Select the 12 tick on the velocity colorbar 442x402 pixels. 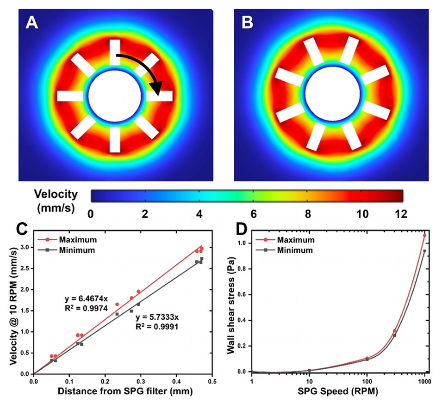coord(402,214)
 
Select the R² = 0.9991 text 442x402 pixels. coord(157,326)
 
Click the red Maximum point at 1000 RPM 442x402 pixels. coord(424,235)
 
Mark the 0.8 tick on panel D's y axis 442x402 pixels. coord(242,268)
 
